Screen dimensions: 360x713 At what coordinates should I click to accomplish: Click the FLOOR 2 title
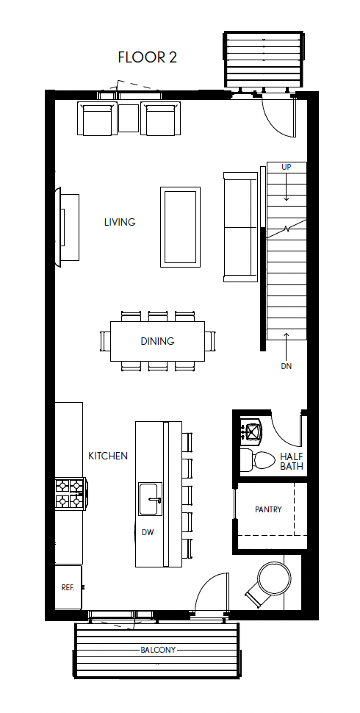pos(147,57)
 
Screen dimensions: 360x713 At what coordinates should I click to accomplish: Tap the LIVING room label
pos(120,222)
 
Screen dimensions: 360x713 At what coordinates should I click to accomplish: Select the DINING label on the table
pos(157,341)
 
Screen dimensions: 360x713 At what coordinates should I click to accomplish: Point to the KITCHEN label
pos(108,456)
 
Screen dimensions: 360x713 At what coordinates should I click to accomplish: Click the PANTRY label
pos(268,509)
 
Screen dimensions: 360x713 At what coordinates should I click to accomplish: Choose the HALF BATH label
pos(292,461)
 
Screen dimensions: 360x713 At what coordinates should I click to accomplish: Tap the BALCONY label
pos(158,650)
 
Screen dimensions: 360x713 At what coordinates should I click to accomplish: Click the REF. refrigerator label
pos(68,587)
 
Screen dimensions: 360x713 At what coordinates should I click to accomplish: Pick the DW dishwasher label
pos(147,532)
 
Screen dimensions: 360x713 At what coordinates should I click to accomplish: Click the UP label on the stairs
pos(286,167)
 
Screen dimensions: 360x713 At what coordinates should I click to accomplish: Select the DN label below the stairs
pos(287,365)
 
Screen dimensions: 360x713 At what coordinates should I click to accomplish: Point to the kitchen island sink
pos(150,499)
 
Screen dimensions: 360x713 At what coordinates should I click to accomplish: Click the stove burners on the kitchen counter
pos(71,493)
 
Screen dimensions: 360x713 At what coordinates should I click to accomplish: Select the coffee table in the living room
pos(180,227)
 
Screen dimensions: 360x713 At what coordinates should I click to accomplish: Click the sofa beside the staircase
pos(241,227)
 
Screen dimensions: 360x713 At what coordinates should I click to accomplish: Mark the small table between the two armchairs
pos(128,118)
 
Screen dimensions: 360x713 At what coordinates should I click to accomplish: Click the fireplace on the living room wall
pos(68,227)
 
